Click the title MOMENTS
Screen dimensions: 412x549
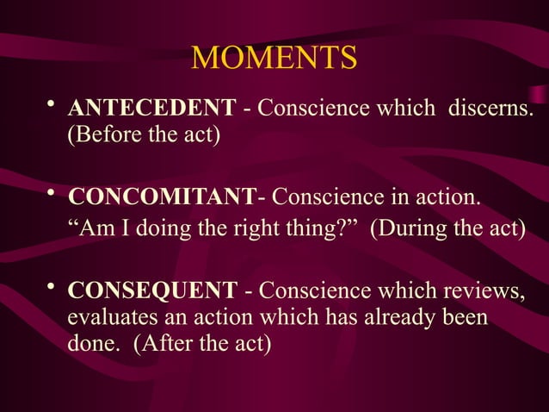[274, 59]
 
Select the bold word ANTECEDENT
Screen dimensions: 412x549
[151, 109]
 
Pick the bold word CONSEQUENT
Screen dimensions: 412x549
[151, 290]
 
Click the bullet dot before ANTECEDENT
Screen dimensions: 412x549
[52, 105]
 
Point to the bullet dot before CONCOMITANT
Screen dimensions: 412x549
[52, 196]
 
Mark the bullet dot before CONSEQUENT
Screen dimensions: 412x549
[52, 286]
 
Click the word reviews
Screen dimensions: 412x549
[488, 290]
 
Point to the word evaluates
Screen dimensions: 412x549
[108, 318]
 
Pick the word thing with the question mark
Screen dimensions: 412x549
[312, 229]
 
